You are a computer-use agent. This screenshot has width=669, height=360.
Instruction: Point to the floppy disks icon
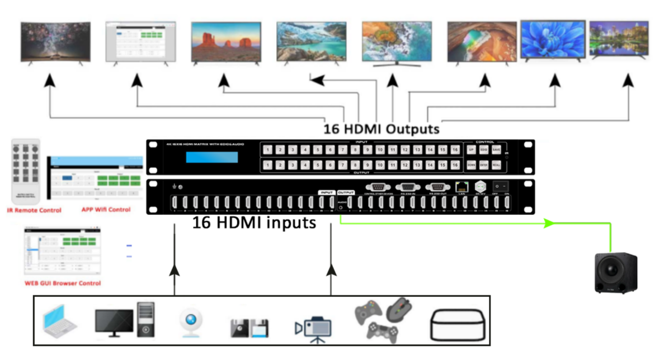click(x=249, y=328)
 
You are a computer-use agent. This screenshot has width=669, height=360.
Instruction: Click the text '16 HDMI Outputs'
click(x=381, y=129)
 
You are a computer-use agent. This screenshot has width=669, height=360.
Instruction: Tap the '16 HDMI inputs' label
click(x=254, y=224)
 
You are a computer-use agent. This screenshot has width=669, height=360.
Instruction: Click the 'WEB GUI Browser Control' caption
click(x=63, y=283)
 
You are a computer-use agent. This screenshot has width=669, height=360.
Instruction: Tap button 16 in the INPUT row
click(x=455, y=149)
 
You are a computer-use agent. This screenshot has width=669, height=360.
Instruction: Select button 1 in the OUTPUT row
click(x=267, y=164)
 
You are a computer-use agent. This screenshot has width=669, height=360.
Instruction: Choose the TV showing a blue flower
click(x=553, y=39)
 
